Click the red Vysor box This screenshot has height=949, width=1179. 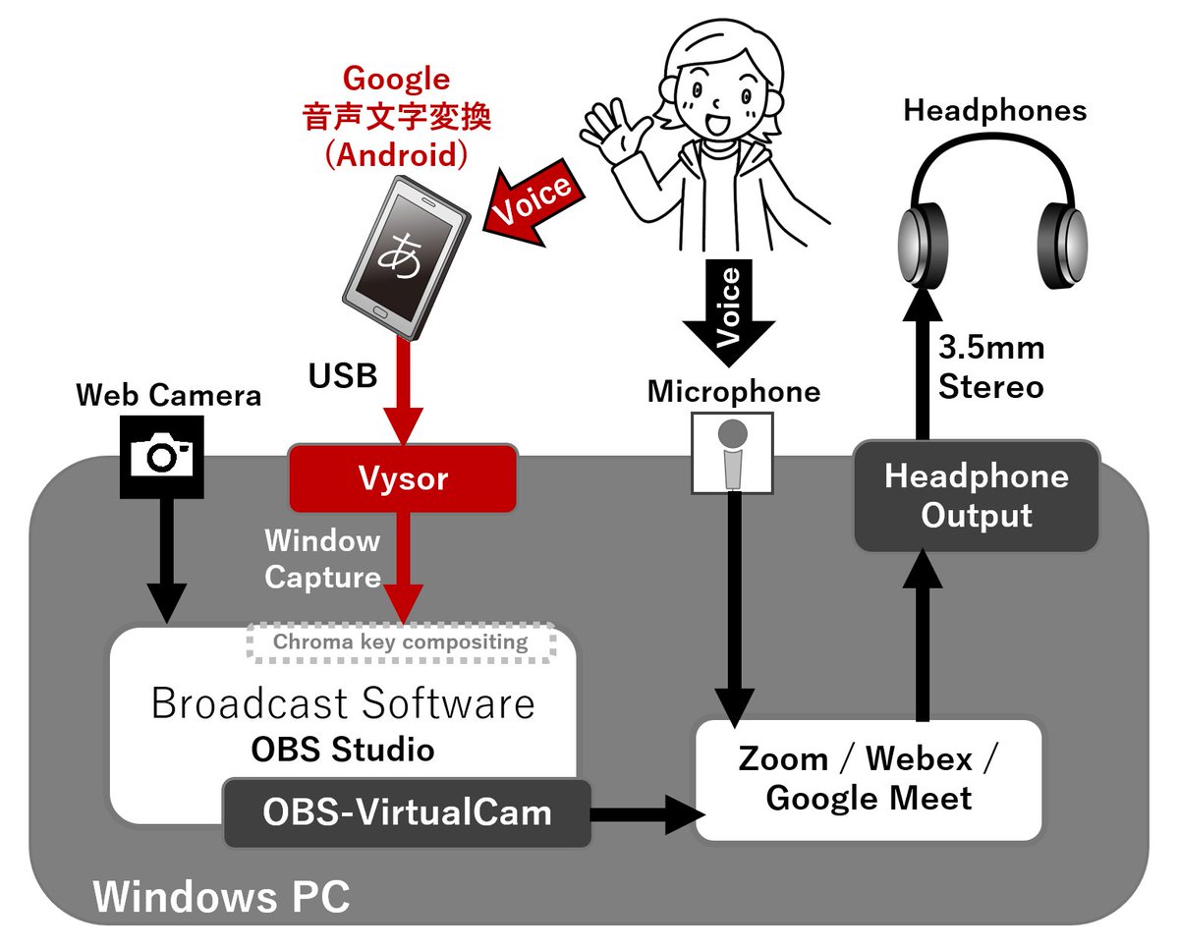pyautogui.click(x=402, y=478)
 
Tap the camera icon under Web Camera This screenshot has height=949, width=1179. pyautogui.click(x=162, y=455)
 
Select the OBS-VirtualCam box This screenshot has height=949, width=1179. pyautogui.click(x=407, y=813)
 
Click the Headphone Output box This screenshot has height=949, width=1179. pyautogui.click(x=976, y=496)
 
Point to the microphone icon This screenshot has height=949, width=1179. pyautogui.click(x=732, y=452)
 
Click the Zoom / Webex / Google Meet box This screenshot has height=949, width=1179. pyautogui.click(x=868, y=779)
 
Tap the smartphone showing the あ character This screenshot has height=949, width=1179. pyautogui.click(x=404, y=256)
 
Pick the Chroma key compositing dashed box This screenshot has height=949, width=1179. pyautogui.click(x=400, y=642)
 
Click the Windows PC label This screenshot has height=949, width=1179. pyautogui.click(x=221, y=898)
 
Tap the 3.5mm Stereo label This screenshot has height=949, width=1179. pyautogui.click(x=991, y=366)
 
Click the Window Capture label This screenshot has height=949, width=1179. pyautogui.click(x=322, y=558)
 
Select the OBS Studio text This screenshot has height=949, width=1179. pyautogui.click(x=342, y=751)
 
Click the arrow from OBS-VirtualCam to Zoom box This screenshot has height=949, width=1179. pyautogui.click(x=644, y=813)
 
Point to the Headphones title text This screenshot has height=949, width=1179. pyautogui.click(x=994, y=110)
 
